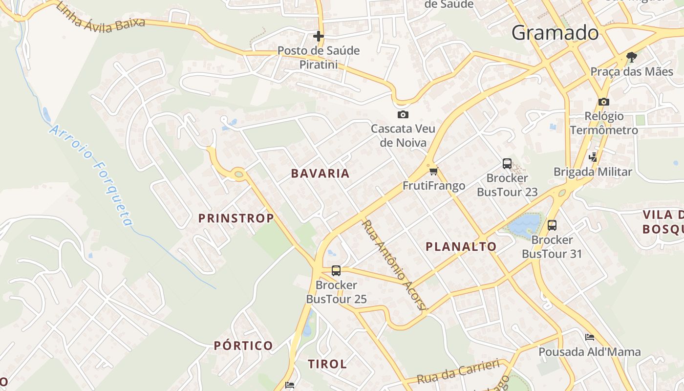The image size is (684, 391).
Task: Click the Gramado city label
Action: [555, 33]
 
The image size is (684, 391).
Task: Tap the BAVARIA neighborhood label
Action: [321, 174]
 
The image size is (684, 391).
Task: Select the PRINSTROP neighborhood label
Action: [236, 218]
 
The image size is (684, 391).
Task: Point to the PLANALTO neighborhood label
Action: [461, 247]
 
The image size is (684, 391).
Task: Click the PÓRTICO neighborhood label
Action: [243, 346]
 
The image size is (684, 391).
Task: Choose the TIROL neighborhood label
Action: [327, 364]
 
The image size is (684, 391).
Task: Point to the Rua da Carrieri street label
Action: [458, 371]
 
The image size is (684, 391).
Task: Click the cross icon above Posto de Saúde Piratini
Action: [319, 36]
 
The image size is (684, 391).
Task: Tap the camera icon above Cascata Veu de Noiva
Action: [403, 115]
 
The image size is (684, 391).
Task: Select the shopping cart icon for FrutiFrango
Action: [433, 171]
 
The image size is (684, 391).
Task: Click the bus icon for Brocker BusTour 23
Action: [507, 164]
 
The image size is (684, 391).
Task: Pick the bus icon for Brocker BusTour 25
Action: [336, 270]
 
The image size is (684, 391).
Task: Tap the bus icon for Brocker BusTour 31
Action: [552, 225]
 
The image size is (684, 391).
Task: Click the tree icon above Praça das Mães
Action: [632, 57]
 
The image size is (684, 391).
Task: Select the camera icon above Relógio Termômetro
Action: [604, 102]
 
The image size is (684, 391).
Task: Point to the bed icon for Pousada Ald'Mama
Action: [590, 337]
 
